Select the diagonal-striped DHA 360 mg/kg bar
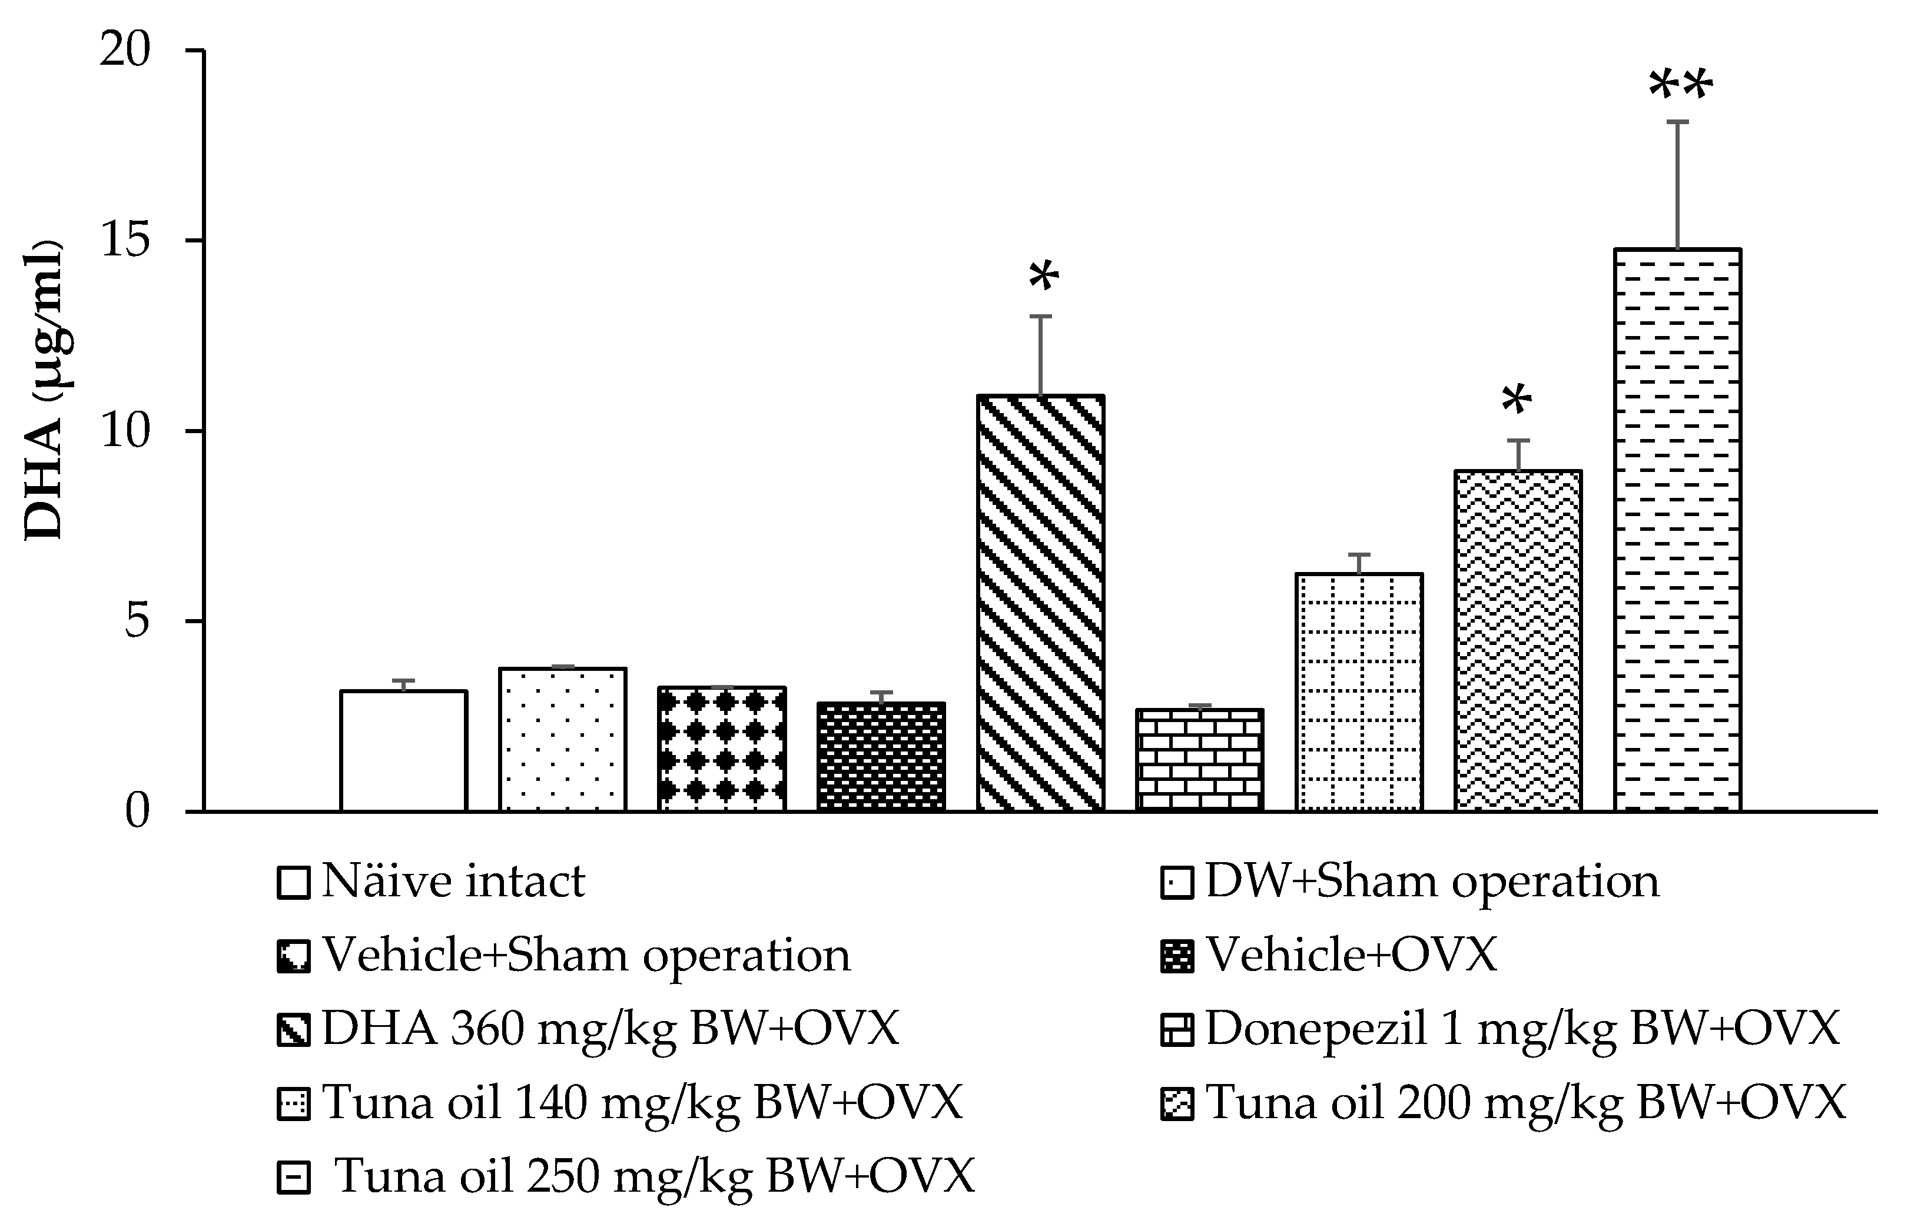(1040, 603)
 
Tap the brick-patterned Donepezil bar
(1199, 760)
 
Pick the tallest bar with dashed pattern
(1678, 530)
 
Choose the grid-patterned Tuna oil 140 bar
(1359, 692)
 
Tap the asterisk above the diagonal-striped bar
(1044, 278)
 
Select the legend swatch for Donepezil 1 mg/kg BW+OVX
(1177, 1030)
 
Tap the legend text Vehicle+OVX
(1351, 955)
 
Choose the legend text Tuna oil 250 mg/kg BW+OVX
(654, 1176)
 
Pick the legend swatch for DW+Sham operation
(1177, 883)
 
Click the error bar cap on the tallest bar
(1678, 122)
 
